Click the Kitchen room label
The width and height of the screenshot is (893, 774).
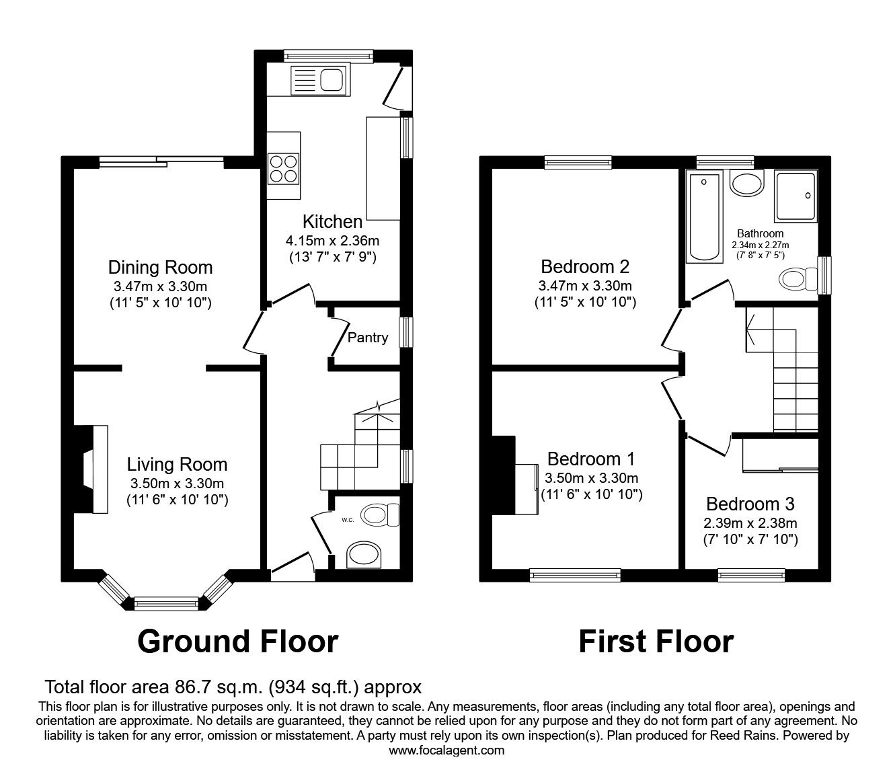(332, 221)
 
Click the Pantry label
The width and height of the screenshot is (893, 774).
(367, 338)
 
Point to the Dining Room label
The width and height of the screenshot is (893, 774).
(160, 267)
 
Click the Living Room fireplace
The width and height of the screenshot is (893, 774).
(91, 468)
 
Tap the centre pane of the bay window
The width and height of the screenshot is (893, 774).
(166, 603)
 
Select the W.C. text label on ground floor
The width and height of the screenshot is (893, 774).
(348, 519)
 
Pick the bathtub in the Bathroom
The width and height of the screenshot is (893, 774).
(703, 217)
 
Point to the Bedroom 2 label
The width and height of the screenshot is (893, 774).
(585, 267)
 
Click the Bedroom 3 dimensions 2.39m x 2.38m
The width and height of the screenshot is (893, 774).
(750, 523)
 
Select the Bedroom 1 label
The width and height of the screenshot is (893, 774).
(591, 459)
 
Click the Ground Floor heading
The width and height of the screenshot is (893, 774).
(237, 641)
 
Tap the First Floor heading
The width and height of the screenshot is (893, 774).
(656, 641)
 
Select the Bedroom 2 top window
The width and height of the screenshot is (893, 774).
(578, 161)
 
